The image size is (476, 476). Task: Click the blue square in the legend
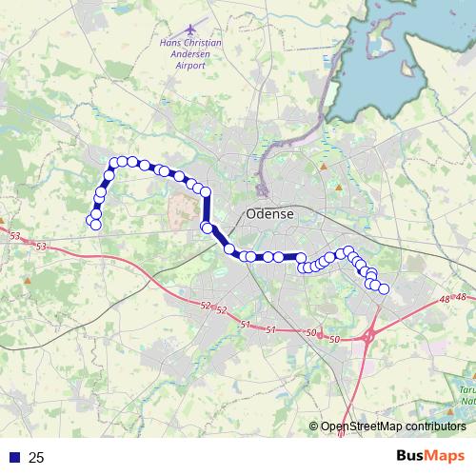coord(15,458)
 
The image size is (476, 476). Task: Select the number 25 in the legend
coord(36,458)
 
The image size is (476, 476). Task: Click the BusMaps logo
coord(429,456)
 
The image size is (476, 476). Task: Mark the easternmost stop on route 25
coord(384,288)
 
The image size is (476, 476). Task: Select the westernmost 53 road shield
coord(13,234)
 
